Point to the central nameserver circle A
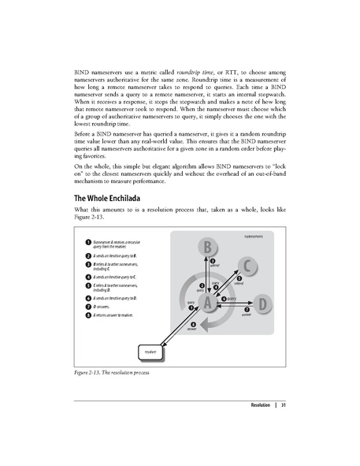pos(207,302)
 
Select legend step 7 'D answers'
pos(106,307)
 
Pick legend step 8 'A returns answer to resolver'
pos(111,315)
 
